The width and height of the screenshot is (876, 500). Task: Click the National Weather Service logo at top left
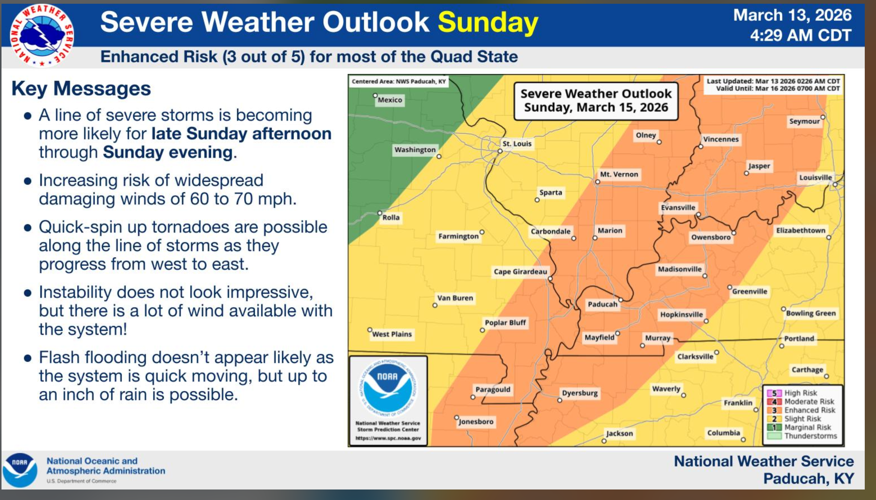(42, 36)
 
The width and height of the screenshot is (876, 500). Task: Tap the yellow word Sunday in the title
(488, 22)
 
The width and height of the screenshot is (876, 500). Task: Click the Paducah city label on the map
(602, 304)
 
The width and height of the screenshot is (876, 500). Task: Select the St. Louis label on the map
(517, 144)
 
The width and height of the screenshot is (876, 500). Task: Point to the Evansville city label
(678, 207)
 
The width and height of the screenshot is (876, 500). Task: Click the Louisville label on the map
(815, 177)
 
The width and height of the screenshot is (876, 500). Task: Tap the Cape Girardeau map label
(520, 271)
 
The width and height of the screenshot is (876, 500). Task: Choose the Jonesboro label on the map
(476, 422)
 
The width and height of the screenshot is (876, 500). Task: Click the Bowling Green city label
(811, 313)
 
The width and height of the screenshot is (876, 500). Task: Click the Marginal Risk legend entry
(799, 427)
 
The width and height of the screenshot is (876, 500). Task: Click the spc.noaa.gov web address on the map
(388, 438)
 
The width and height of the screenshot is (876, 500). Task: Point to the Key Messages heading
(81, 89)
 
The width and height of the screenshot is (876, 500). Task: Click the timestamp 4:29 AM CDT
(801, 35)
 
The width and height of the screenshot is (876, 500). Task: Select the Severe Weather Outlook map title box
(596, 100)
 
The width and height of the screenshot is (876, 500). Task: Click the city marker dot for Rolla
(380, 213)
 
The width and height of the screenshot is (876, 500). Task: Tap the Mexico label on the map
(390, 100)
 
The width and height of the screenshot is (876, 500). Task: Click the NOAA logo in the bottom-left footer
(19, 470)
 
